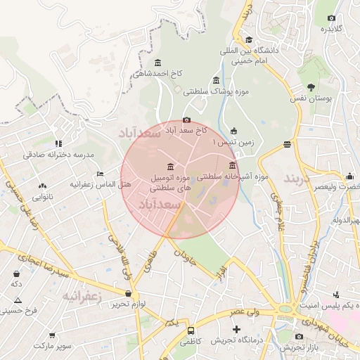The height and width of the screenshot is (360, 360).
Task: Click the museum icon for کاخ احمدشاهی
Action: [156, 63]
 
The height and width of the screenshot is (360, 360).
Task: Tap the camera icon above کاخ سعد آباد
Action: [186, 120]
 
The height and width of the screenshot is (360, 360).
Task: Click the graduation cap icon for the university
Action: [248, 39]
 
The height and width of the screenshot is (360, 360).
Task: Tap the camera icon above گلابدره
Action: [332, 18]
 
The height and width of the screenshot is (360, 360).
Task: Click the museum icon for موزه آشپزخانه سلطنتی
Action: [232, 165]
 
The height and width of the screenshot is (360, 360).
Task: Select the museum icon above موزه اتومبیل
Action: [171, 166]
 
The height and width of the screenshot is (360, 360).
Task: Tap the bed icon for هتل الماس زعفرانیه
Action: [100, 174]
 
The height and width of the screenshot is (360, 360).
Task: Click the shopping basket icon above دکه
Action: [16, 274]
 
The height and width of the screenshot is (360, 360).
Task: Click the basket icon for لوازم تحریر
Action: [127, 293]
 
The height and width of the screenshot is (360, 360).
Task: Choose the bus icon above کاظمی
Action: [191, 330]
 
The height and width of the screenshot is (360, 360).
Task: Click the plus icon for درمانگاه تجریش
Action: [236, 329]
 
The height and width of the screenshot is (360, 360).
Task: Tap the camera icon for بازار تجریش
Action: [299, 337]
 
